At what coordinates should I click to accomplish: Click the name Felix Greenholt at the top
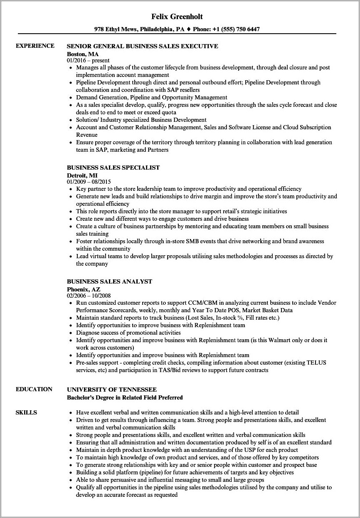(180, 17)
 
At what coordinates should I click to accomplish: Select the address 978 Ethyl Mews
(120, 30)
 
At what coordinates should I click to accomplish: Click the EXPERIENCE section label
(35, 46)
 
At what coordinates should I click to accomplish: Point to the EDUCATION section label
(34, 389)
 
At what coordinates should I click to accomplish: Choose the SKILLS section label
(26, 412)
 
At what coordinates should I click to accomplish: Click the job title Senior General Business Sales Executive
(142, 46)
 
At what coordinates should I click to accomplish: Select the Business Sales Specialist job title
(113, 168)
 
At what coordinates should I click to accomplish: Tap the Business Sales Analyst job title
(109, 281)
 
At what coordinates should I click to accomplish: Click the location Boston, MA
(83, 54)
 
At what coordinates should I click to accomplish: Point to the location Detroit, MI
(82, 175)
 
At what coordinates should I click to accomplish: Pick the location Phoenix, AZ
(84, 289)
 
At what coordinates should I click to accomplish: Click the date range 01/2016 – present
(88, 60)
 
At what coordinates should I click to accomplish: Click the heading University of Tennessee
(112, 390)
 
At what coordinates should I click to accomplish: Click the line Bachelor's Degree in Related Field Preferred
(125, 397)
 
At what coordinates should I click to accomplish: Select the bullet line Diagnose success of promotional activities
(128, 333)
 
